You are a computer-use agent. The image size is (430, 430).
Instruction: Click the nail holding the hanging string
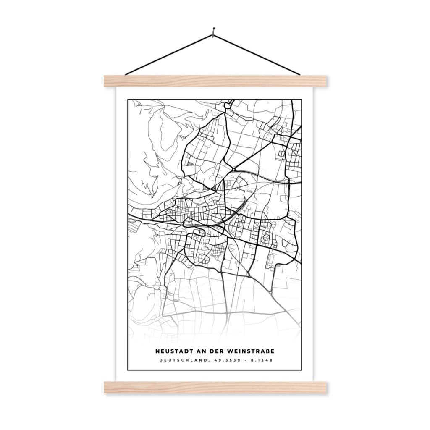pyautogui.click(x=214, y=30)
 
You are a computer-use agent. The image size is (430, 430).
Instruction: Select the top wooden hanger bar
pyautogui.click(x=215, y=81)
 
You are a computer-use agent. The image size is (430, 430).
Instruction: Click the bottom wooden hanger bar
pyautogui.click(x=215, y=387)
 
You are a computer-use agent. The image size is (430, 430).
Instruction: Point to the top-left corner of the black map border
pyautogui.click(x=128, y=100)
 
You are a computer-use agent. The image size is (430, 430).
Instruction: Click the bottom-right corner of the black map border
pyautogui.click(x=301, y=370)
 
